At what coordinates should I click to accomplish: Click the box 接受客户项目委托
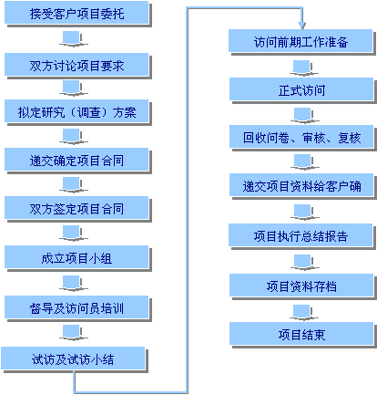tap(76, 14)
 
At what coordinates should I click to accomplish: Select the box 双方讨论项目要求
tap(76, 65)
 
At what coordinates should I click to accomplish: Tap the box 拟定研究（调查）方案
tap(76, 111)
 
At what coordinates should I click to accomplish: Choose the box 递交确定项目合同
tap(76, 160)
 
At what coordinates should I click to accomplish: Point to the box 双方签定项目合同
tap(76, 208)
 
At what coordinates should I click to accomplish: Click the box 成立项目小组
tap(76, 257)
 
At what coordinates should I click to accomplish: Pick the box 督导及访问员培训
tap(76, 307)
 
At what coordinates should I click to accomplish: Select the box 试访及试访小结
tap(73, 359)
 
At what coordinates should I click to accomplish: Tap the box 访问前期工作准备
tap(301, 41)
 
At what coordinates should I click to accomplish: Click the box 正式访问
tap(301, 89)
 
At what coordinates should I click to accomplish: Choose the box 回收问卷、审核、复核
tap(301, 137)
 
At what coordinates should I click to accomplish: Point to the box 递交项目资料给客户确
tap(301, 185)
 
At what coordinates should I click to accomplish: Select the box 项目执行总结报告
tap(301, 235)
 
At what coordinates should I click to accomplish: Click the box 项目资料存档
tap(301, 286)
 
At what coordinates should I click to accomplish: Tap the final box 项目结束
tap(301, 334)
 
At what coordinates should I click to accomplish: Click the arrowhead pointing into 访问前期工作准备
tap(301, 26)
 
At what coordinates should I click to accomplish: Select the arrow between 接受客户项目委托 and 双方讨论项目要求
tap(73, 39)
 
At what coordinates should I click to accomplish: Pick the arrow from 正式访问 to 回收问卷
tap(304, 116)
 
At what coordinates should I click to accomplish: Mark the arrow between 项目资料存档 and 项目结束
tap(303, 313)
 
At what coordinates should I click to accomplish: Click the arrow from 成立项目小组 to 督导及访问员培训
tap(73, 283)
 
